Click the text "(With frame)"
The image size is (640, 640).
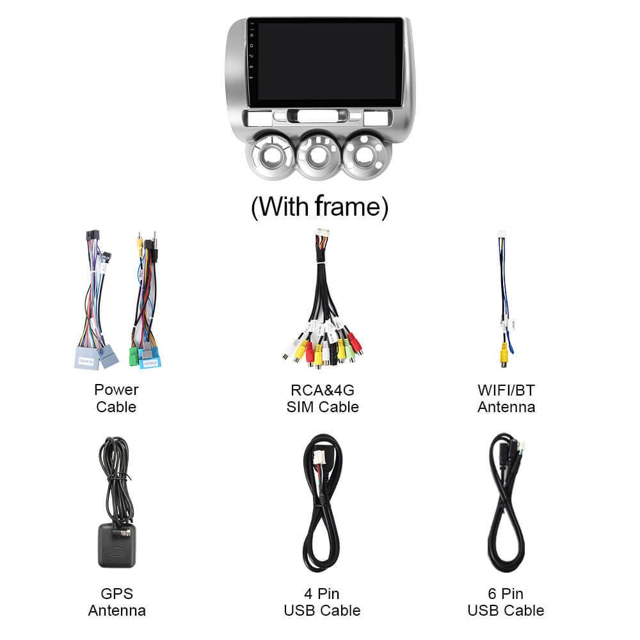[319, 207]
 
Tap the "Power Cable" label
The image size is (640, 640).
[116, 398]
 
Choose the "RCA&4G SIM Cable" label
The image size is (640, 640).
[323, 398]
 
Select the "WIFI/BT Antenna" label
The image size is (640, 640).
[506, 398]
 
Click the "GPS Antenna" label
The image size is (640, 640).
[117, 602]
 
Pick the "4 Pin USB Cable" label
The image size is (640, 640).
[322, 602]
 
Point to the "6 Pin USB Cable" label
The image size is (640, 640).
[506, 602]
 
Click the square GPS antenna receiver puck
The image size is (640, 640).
[116, 546]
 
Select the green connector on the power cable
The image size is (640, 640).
[134, 356]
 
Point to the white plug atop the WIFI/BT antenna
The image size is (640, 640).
[501, 234]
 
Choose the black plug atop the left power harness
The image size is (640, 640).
[93, 236]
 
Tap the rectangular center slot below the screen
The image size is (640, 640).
[317, 116]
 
